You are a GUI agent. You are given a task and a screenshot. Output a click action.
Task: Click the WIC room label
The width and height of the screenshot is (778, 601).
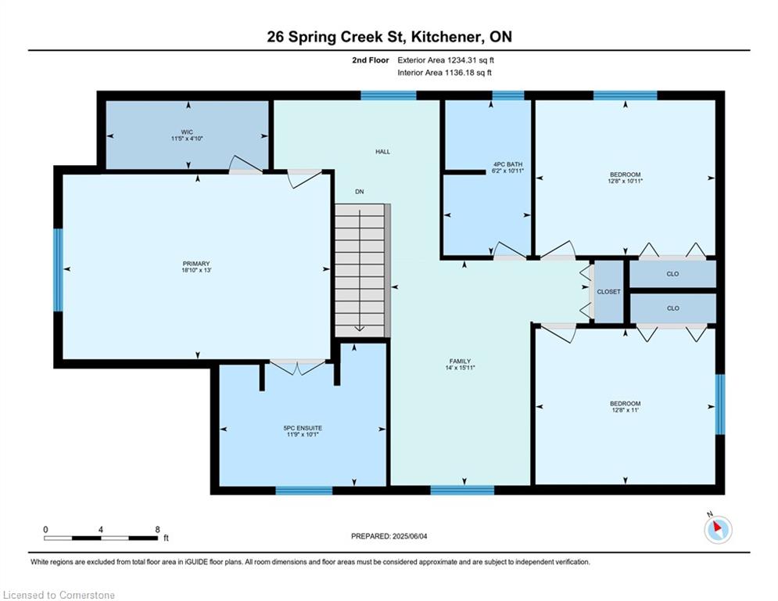click(187, 132)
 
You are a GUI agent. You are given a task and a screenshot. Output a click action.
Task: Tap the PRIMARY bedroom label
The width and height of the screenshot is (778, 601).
click(196, 264)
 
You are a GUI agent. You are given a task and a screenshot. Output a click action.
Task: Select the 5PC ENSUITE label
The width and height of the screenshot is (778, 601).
click(303, 428)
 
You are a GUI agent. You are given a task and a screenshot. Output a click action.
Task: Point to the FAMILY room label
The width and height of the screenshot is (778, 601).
click(460, 361)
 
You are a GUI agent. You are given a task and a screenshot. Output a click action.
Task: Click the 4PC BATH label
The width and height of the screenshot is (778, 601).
click(507, 164)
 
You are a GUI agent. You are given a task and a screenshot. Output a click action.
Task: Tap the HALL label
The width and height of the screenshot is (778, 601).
click(382, 152)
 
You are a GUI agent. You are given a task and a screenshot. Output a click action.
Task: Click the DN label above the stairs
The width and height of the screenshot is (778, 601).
click(359, 192)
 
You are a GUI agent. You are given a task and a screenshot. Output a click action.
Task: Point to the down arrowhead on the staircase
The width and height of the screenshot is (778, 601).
click(359, 328)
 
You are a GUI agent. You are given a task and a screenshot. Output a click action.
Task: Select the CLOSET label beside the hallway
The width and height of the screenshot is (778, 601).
click(609, 292)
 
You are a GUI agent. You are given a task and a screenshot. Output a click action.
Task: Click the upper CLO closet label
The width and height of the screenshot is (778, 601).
click(672, 274)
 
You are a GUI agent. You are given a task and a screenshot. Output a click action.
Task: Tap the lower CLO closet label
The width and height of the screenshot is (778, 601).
click(672, 308)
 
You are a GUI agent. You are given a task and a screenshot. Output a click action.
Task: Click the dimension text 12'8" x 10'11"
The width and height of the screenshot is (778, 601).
click(626, 182)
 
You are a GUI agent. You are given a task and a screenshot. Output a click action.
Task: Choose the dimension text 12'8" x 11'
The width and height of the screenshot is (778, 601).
click(626, 410)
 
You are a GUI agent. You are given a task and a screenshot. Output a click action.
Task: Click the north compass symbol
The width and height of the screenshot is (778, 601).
click(718, 530)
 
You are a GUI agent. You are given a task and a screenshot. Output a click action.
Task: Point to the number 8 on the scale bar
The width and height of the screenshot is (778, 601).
click(158, 530)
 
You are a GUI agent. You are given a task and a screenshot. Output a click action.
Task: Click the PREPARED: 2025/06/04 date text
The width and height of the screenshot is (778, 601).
click(389, 536)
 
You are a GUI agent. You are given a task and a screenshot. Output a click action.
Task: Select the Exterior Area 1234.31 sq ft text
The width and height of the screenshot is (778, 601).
click(446, 60)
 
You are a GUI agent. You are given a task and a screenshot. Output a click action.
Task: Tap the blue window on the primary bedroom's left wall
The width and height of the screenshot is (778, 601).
click(58, 270)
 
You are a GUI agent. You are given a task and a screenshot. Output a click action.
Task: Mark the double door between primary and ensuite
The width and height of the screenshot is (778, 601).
click(297, 367)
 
